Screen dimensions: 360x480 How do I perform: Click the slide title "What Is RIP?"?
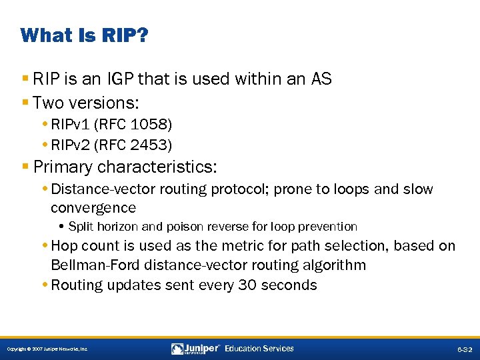click(84, 35)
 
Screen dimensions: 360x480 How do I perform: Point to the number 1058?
click(145, 124)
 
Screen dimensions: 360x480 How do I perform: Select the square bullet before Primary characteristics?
click(25, 166)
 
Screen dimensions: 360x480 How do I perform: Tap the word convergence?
click(93, 207)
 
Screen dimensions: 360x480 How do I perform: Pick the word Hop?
click(65, 246)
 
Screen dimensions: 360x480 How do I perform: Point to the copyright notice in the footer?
click(47, 349)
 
